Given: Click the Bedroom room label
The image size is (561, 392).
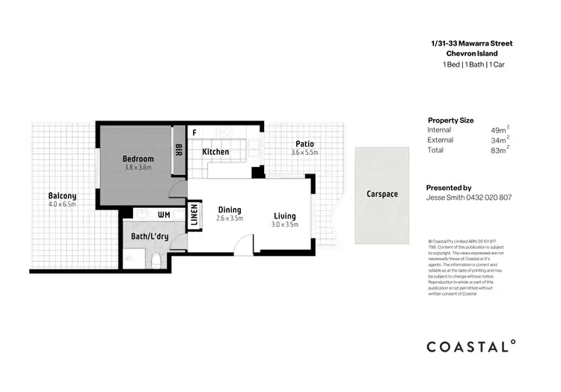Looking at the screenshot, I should (138, 159).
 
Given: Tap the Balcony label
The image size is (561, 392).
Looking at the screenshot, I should (62, 196).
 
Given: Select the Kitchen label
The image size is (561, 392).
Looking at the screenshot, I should (215, 152).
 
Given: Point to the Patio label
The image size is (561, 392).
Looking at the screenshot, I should (304, 144).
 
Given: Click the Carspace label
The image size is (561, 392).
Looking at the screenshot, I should (381, 194).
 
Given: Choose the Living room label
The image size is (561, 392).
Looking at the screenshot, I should (285, 215).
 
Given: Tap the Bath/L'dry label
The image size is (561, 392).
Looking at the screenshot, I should (150, 236).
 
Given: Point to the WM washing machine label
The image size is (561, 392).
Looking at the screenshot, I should (165, 215).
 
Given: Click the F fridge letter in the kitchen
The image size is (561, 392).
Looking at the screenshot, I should (194, 132).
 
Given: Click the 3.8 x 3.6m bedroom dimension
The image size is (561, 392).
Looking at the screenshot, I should (138, 168).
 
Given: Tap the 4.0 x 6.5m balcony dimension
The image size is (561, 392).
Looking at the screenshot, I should (62, 205).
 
